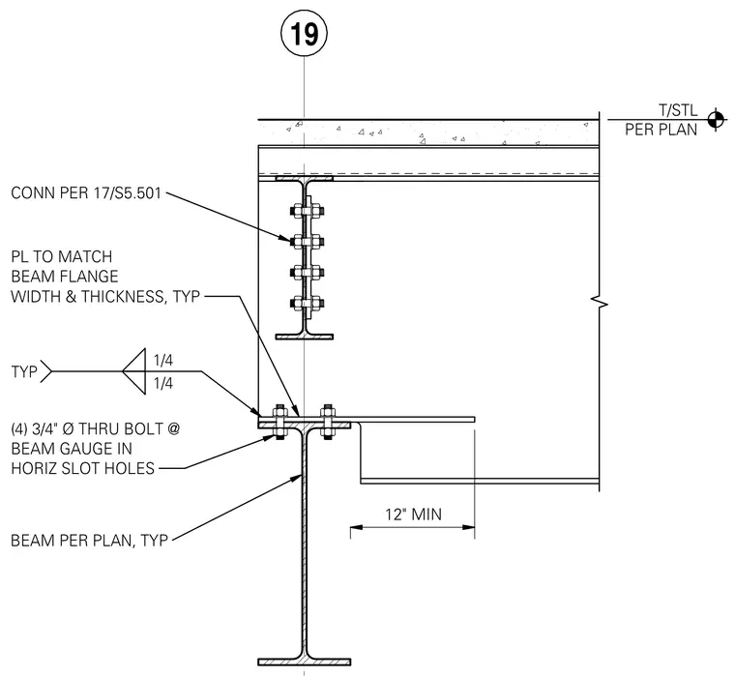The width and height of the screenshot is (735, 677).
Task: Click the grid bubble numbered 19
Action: pyautogui.click(x=304, y=33)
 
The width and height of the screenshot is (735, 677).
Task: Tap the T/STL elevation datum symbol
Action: pyautogui.click(x=716, y=120)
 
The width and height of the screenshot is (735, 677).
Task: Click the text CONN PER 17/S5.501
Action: pyautogui.click(x=86, y=193)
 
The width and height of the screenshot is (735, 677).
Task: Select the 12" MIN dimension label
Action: pyautogui.click(x=413, y=515)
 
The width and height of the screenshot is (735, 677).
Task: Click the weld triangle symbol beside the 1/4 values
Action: pyautogui.click(x=134, y=371)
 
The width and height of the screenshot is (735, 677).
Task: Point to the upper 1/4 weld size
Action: pyautogui.click(x=163, y=360)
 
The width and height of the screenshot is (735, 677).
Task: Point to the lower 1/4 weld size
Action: pyautogui.click(x=163, y=384)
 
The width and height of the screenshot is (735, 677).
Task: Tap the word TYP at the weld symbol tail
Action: pyautogui.click(x=24, y=371)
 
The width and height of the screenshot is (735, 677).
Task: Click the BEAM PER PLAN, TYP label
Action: pyautogui.click(x=89, y=541)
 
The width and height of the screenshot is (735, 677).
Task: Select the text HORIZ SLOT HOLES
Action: pyautogui.click(x=82, y=468)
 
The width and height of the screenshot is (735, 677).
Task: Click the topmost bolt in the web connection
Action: pyautogui.click(x=307, y=212)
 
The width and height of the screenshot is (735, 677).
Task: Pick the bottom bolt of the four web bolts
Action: pyautogui.click(x=307, y=304)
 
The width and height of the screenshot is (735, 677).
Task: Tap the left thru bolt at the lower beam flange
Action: pyautogui.click(x=279, y=421)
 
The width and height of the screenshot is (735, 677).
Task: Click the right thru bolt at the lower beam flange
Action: pyautogui.click(x=328, y=421)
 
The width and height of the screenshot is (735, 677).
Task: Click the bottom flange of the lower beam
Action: pyautogui.click(x=305, y=662)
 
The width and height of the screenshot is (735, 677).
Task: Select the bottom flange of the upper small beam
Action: pyautogui.click(x=305, y=337)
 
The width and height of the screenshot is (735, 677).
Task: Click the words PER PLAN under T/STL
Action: pyautogui.click(x=661, y=130)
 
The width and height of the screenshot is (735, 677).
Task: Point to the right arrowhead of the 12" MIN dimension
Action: pyautogui.click(x=468, y=527)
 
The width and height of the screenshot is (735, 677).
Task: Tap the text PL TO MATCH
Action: pyautogui.click(x=61, y=257)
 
